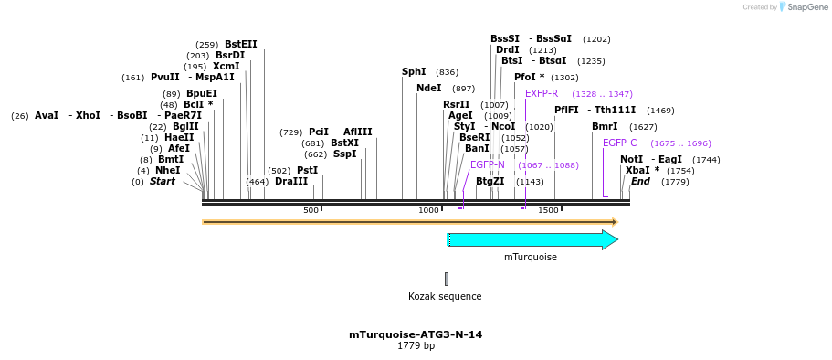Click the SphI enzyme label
tap(414, 71)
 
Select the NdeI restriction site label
tap(428, 89)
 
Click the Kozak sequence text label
tap(445, 296)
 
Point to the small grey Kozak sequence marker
tap(447, 279)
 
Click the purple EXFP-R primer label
tap(542, 93)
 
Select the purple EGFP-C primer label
tap(620, 143)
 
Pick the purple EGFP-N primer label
tap(488, 164)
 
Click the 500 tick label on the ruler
tap(311, 210)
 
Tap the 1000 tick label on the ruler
tap(428, 210)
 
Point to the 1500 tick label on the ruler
tap(548, 210)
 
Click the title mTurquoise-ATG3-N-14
tap(416, 334)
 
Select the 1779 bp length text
tap(416, 346)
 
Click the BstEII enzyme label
tap(241, 44)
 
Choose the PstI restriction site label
tap(307, 170)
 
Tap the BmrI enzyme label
tap(605, 126)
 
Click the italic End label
tap(640, 181)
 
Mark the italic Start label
tap(163, 181)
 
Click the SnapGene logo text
tap(804, 7)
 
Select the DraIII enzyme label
tap(291, 181)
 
